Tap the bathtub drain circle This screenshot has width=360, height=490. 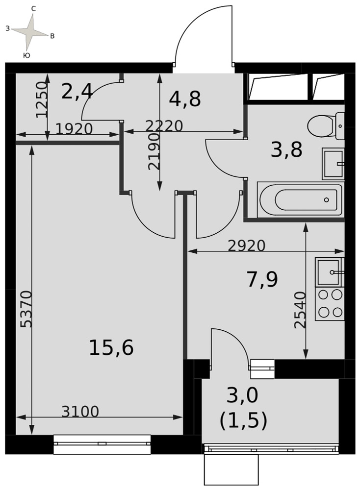click(x=326, y=200)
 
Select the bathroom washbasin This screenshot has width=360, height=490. click(x=333, y=164)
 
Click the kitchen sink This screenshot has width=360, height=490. click(x=330, y=272)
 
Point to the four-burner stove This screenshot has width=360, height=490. click(x=330, y=303)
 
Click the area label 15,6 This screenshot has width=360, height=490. click(x=111, y=347)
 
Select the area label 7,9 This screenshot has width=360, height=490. click(x=262, y=279)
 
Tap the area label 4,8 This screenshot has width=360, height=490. click(x=185, y=99)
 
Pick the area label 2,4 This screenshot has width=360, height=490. click(x=77, y=92)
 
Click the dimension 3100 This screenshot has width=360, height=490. click(x=80, y=412)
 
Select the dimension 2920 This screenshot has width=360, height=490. click(x=247, y=246)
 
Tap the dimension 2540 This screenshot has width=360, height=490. click(x=300, y=310)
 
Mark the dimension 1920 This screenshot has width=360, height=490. click(x=74, y=129)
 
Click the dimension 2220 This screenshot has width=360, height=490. click(x=164, y=126)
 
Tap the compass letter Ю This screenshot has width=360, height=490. click(x=27, y=55)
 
